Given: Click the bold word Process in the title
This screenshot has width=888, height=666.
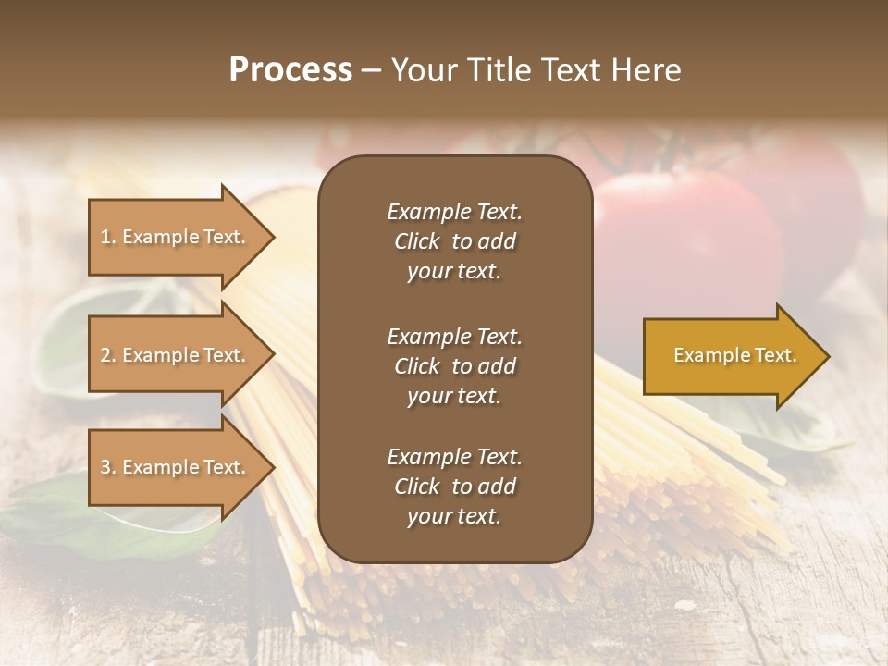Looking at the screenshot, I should pos(290,70).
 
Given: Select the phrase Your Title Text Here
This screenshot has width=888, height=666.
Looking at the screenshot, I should pos(536,70).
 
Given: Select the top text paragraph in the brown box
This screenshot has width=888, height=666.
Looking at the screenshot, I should pos(454,241).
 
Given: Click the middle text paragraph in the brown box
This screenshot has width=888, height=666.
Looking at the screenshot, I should pos(454,366).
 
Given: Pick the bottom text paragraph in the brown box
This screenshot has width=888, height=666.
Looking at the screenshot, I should pos(454,487).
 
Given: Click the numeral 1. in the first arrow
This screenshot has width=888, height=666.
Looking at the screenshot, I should pos(108,237).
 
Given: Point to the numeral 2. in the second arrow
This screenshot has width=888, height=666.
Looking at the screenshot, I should pos(108,355).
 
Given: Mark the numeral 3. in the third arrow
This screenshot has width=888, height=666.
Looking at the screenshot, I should pos(108,467).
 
